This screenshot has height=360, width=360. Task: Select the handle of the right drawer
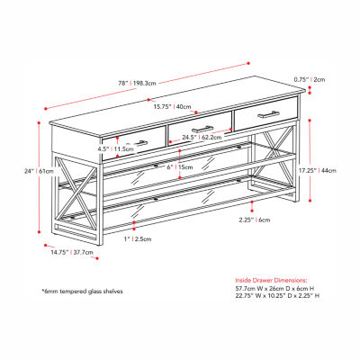[x=269, y=114]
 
